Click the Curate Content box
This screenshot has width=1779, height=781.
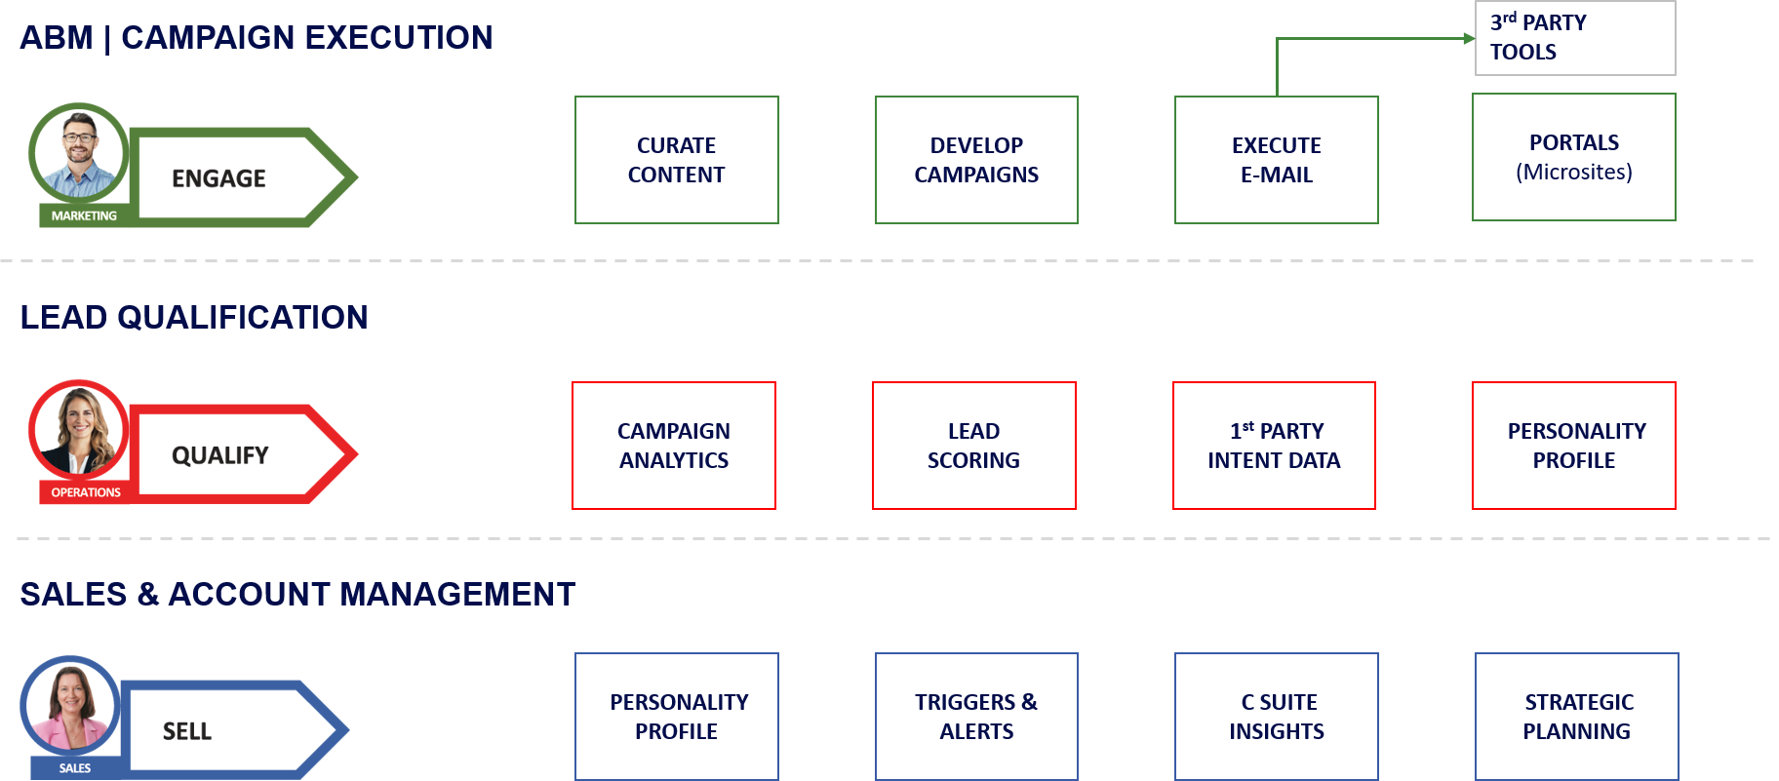tap(677, 160)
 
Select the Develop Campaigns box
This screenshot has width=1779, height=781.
tap(976, 160)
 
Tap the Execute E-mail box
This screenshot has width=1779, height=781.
tap(1277, 160)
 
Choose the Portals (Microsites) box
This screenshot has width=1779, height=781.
tap(1574, 157)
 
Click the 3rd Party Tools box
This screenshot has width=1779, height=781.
tap(1576, 38)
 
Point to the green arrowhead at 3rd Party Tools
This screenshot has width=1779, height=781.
tap(1471, 39)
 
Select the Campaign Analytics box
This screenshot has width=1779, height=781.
tap(674, 446)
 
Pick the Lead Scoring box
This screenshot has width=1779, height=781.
tap(974, 446)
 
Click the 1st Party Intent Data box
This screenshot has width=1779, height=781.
tap(1274, 446)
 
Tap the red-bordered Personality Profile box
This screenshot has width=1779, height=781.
tap(1574, 446)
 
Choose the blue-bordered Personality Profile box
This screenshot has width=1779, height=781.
tap(677, 717)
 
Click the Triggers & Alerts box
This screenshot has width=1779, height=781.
tap(976, 717)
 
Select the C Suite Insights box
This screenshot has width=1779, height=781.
tap(1277, 717)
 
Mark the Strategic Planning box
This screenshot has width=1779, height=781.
tap(1577, 717)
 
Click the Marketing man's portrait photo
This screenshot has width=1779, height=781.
tap(79, 153)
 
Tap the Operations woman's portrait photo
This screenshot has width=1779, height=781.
tap(79, 430)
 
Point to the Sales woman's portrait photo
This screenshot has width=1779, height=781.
tap(70, 706)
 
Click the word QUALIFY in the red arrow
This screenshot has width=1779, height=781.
tap(220, 455)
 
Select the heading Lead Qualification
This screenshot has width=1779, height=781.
tap(194, 317)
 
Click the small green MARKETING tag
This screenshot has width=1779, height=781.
tap(84, 215)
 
